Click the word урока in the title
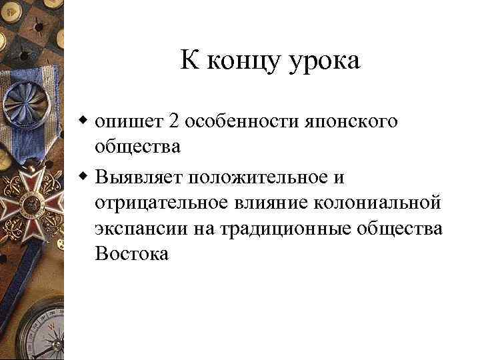(323, 61)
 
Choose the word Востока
(132, 253)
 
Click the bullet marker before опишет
(84, 121)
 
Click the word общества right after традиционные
(401, 228)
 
